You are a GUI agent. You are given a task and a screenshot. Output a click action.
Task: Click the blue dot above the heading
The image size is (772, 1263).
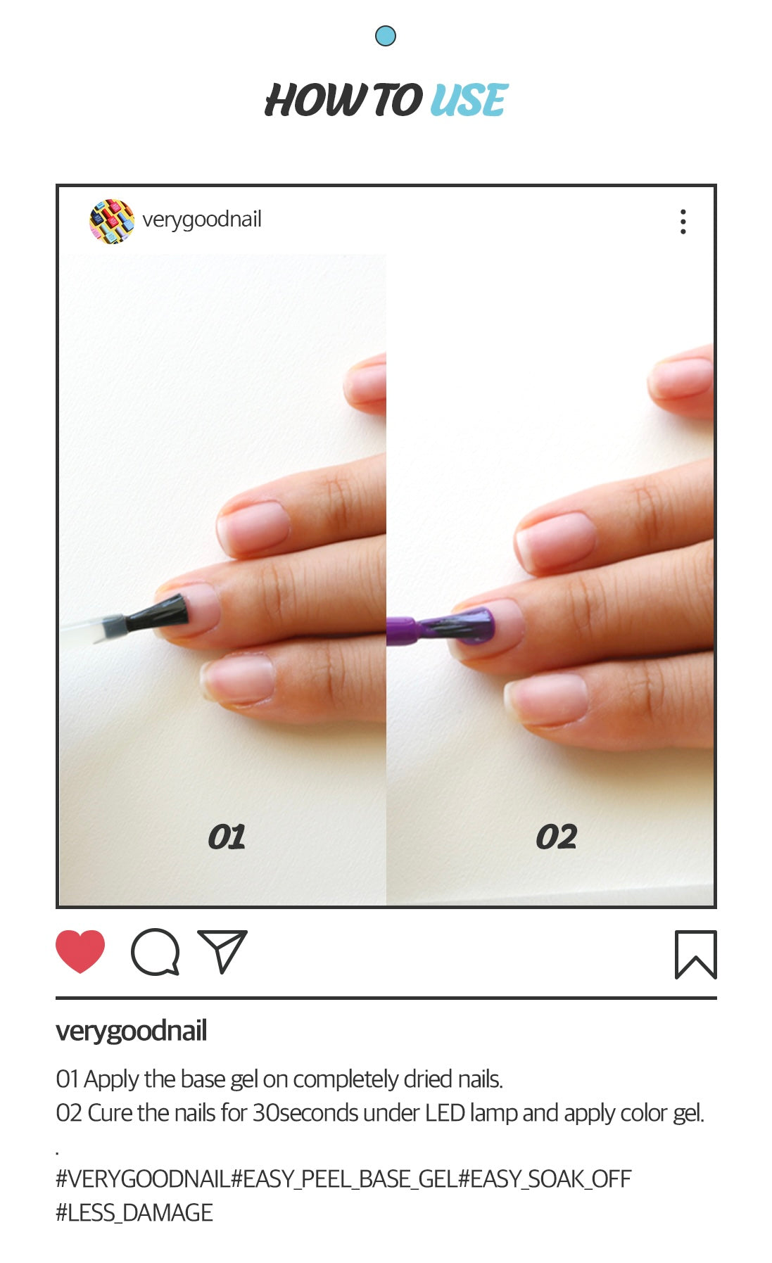[x=386, y=36]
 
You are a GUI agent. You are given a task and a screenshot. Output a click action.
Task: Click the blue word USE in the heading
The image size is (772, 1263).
[x=469, y=100]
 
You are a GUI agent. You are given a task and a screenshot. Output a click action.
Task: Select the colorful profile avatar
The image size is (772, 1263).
[x=112, y=221]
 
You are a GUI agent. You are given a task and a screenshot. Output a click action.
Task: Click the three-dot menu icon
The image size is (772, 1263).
[x=683, y=222]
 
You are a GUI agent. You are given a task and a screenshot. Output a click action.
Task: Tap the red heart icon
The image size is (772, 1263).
[x=80, y=951]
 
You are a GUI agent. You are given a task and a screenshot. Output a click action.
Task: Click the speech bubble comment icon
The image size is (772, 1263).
[x=156, y=952]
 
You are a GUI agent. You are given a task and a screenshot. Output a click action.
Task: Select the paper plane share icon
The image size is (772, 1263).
[x=222, y=951]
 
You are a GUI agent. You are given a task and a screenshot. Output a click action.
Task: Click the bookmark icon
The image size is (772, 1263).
[x=696, y=955]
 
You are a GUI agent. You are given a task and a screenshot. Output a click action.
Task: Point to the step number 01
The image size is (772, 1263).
[x=227, y=837]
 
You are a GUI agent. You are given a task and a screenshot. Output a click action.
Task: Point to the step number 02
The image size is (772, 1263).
[x=557, y=837]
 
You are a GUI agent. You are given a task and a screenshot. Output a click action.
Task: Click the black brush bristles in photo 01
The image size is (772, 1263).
[x=158, y=613]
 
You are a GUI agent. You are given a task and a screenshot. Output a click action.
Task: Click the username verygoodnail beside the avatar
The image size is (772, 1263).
[x=202, y=220]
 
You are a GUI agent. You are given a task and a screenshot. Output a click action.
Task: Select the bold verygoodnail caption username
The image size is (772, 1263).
[x=132, y=1032]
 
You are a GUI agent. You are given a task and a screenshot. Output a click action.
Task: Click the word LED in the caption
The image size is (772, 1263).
[x=445, y=1113]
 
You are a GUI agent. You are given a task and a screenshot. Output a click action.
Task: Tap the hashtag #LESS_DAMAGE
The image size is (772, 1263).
[x=134, y=1212]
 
